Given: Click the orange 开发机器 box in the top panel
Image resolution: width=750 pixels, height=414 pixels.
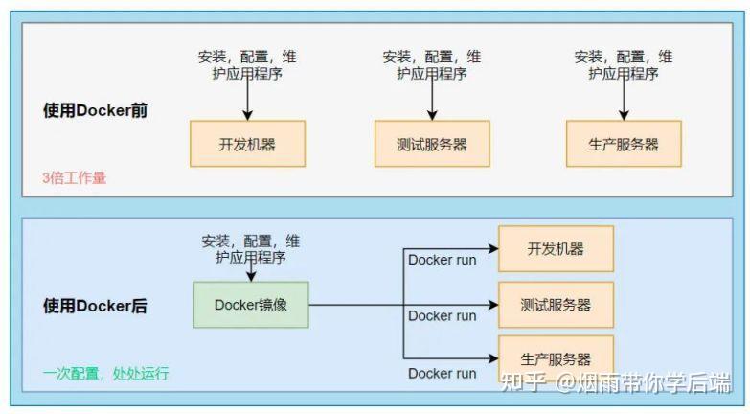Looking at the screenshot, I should click(x=247, y=144).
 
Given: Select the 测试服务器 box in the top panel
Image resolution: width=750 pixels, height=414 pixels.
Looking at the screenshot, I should click(x=432, y=144).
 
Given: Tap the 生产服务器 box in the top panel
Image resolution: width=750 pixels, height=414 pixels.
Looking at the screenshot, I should click(x=624, y=144).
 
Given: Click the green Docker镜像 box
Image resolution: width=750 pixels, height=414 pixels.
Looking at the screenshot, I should click(x=251, y=305).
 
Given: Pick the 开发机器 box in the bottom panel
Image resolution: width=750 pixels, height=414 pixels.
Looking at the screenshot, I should click(x=556, y=249).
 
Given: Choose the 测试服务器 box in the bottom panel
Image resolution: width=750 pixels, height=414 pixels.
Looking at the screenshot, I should click(x=556, y=305).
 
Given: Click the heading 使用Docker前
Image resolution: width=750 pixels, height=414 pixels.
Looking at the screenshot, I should click(x=95, y=110).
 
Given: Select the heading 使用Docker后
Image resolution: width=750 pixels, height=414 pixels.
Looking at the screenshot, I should click(x=95, y=306).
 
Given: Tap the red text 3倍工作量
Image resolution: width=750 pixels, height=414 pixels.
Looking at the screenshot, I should click(x=74, y=177).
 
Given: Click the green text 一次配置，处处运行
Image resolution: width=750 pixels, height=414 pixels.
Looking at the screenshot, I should click(x=105, y=373).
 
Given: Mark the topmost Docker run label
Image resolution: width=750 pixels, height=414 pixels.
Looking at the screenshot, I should click(x=442, y=259).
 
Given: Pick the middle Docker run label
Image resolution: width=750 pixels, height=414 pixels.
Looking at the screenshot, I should click(x=442, y=315).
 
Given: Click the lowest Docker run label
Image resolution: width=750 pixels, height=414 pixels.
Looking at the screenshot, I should click(x=442, y=373).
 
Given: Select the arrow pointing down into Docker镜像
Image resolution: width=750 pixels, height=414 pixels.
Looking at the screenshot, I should click(x=251, y=272).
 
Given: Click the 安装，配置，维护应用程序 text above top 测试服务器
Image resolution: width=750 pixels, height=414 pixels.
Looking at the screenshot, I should click(x=432, y=64).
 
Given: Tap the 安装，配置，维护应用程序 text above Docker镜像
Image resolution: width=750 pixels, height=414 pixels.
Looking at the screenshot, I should click(x=251, y=249).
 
